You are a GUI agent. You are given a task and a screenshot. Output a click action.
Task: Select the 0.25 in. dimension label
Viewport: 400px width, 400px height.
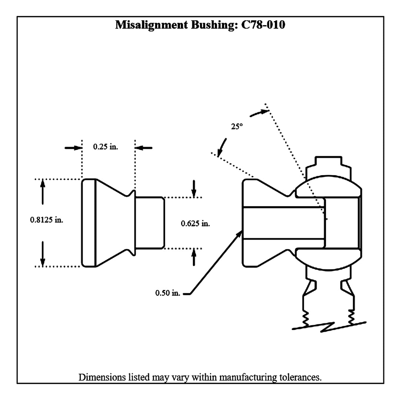[105, 147]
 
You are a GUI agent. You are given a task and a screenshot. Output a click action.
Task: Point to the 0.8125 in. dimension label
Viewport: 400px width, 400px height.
[47, 220]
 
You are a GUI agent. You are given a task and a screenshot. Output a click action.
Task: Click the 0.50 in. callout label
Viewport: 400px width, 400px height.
[167, 293]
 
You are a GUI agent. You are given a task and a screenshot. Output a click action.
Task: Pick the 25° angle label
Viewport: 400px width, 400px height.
[237, 126]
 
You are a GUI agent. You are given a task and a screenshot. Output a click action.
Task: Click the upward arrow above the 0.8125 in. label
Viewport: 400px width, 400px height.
[43, 191]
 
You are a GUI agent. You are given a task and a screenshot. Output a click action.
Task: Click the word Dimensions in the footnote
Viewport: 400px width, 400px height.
[101, 377]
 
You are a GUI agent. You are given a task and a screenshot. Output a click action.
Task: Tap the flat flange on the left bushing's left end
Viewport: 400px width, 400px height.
[89, 223]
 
